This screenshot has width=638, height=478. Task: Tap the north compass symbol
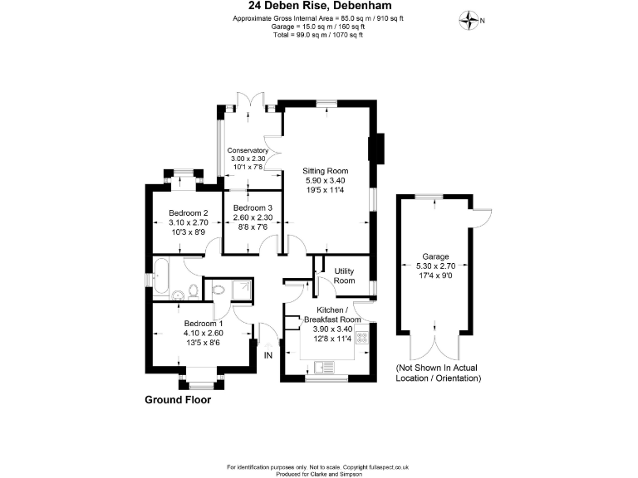[x=471, y=18]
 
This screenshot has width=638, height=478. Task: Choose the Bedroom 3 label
[x=253, y=207]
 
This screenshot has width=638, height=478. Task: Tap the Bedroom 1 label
[x=204, y=323]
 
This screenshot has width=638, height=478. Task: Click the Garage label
[x=435, y=257]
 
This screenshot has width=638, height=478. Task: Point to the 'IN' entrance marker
[x=267, y=355]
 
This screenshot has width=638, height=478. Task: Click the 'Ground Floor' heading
[x=178, y=399]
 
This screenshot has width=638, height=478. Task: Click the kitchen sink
[x=323, y=366]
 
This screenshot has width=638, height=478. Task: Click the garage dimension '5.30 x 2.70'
[x=435, y=266]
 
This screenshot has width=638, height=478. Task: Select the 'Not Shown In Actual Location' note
[x=438, y=373]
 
